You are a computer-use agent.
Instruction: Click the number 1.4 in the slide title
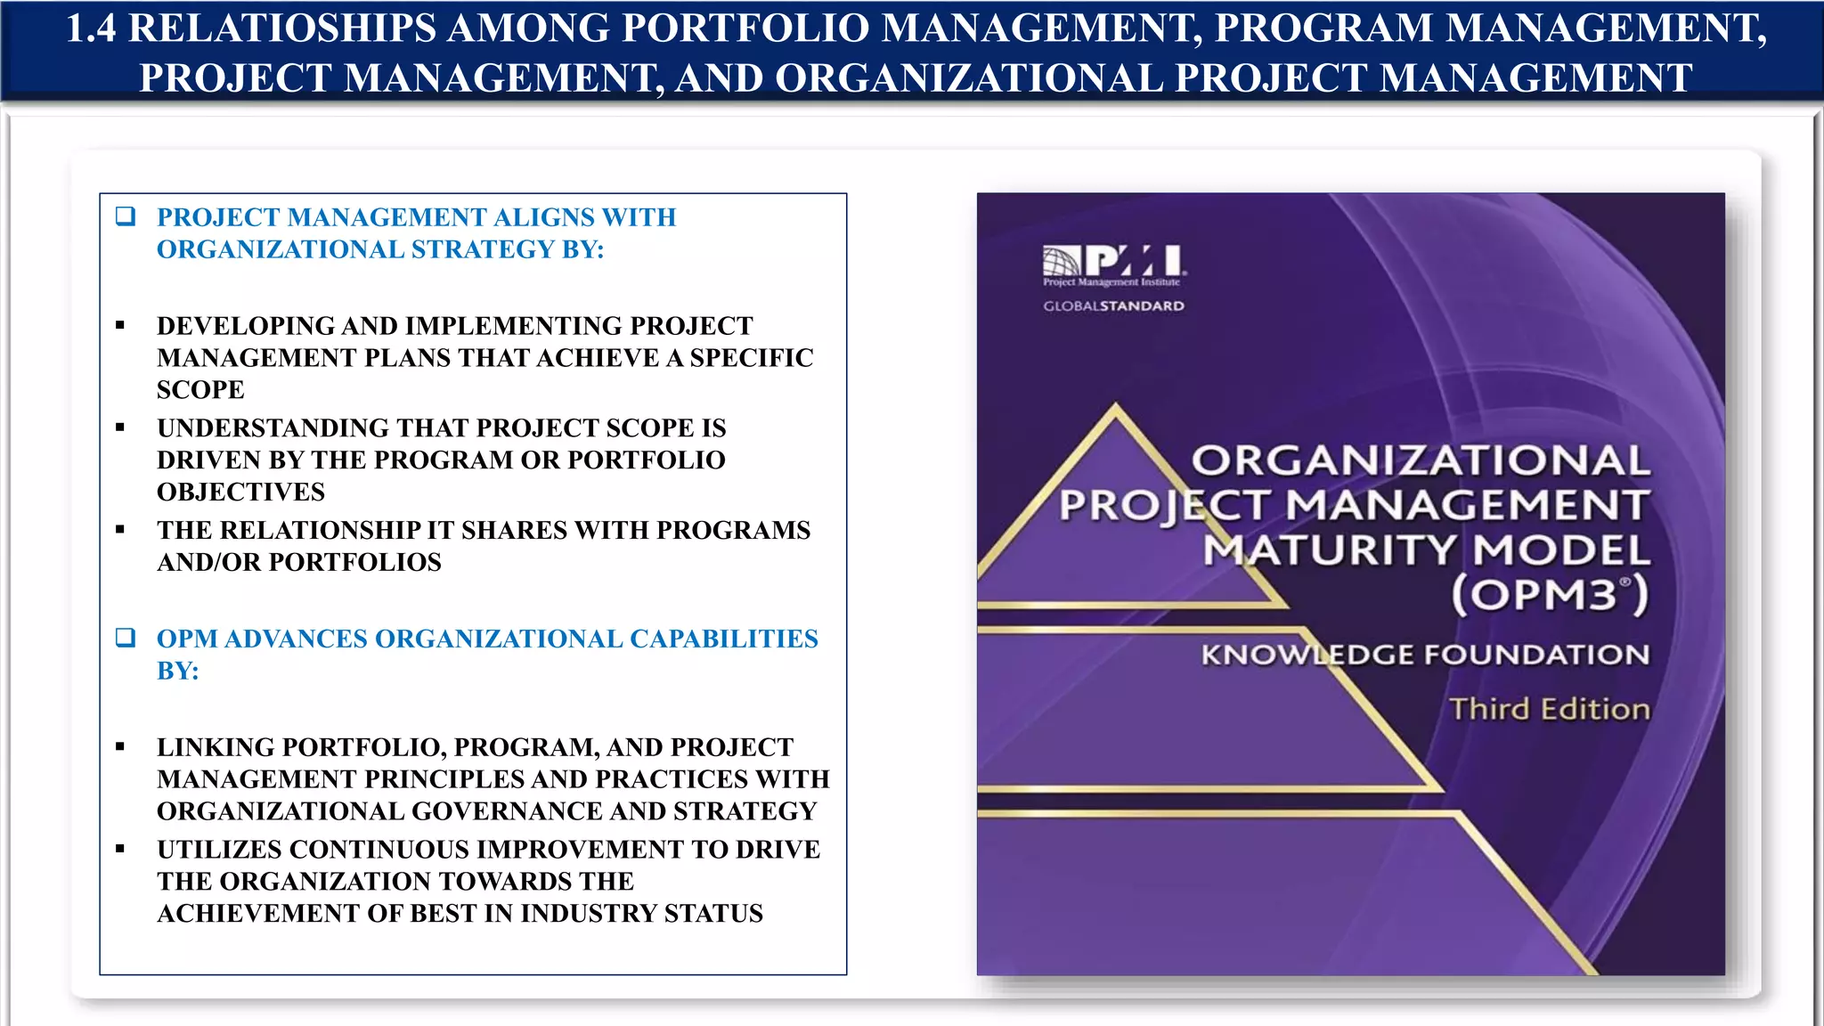click(x=91, y=28)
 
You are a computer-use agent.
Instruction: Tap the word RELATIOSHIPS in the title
click(x=282, y=28)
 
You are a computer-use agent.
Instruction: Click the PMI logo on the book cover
click(x=1113, y=264)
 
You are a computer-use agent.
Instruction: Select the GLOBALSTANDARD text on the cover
click(x=1113, y=306)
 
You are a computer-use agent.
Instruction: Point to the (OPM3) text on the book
click(x=1550, y=594)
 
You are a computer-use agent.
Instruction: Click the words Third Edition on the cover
click(x=1550, y=709)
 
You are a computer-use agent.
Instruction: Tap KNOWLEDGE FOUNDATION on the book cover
click(x=1425, y=655)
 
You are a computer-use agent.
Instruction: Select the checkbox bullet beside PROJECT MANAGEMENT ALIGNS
click(x=126, y=216)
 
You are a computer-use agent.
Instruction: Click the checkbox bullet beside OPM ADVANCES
click(x=126, y=638)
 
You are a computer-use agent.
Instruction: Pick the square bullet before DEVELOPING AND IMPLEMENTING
click(x=120, y=326)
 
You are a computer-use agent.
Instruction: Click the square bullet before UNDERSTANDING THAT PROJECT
click(x=120, y=428)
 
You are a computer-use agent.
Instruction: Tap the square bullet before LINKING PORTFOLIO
click(x=120, y=747)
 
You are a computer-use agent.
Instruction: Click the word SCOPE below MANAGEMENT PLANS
click(x=200, y=390)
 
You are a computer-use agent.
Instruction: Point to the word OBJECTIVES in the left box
click(x=240, y=493)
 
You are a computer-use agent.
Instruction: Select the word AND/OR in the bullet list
click(x=209, y=563)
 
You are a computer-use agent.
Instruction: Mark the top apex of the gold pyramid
click(x=1116, y=406)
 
